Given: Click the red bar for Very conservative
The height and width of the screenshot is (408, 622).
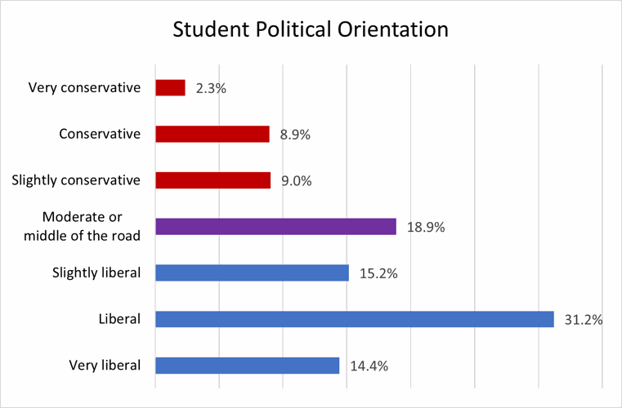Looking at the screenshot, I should (170, 87).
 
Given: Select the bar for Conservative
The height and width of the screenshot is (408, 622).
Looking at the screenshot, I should (212, 134).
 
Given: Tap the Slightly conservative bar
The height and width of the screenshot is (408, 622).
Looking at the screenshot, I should (213, 180).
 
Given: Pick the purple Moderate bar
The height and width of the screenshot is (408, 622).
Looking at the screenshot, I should (275, 226).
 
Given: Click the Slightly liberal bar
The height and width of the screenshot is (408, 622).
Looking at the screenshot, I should (252, 273).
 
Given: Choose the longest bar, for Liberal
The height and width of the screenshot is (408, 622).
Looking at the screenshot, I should (354, 319).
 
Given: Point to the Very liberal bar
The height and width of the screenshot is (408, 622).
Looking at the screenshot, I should (247, 366).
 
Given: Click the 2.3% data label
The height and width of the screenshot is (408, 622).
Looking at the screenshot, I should (211, 88).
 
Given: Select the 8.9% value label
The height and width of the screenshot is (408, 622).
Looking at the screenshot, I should (295, 135).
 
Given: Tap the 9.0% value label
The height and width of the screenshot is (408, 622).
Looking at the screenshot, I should (296, 181).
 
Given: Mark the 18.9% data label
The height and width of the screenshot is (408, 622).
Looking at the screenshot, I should (425, 228).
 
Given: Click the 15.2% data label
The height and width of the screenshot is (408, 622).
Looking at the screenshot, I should (378, 273).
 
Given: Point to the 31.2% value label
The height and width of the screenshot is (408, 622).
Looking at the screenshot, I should (583, 320).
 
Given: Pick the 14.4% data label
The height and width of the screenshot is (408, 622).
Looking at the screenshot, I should (368, 366).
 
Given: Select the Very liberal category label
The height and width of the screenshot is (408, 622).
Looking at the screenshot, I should (106, 365).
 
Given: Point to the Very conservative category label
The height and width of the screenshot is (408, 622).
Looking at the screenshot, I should (84, 86).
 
